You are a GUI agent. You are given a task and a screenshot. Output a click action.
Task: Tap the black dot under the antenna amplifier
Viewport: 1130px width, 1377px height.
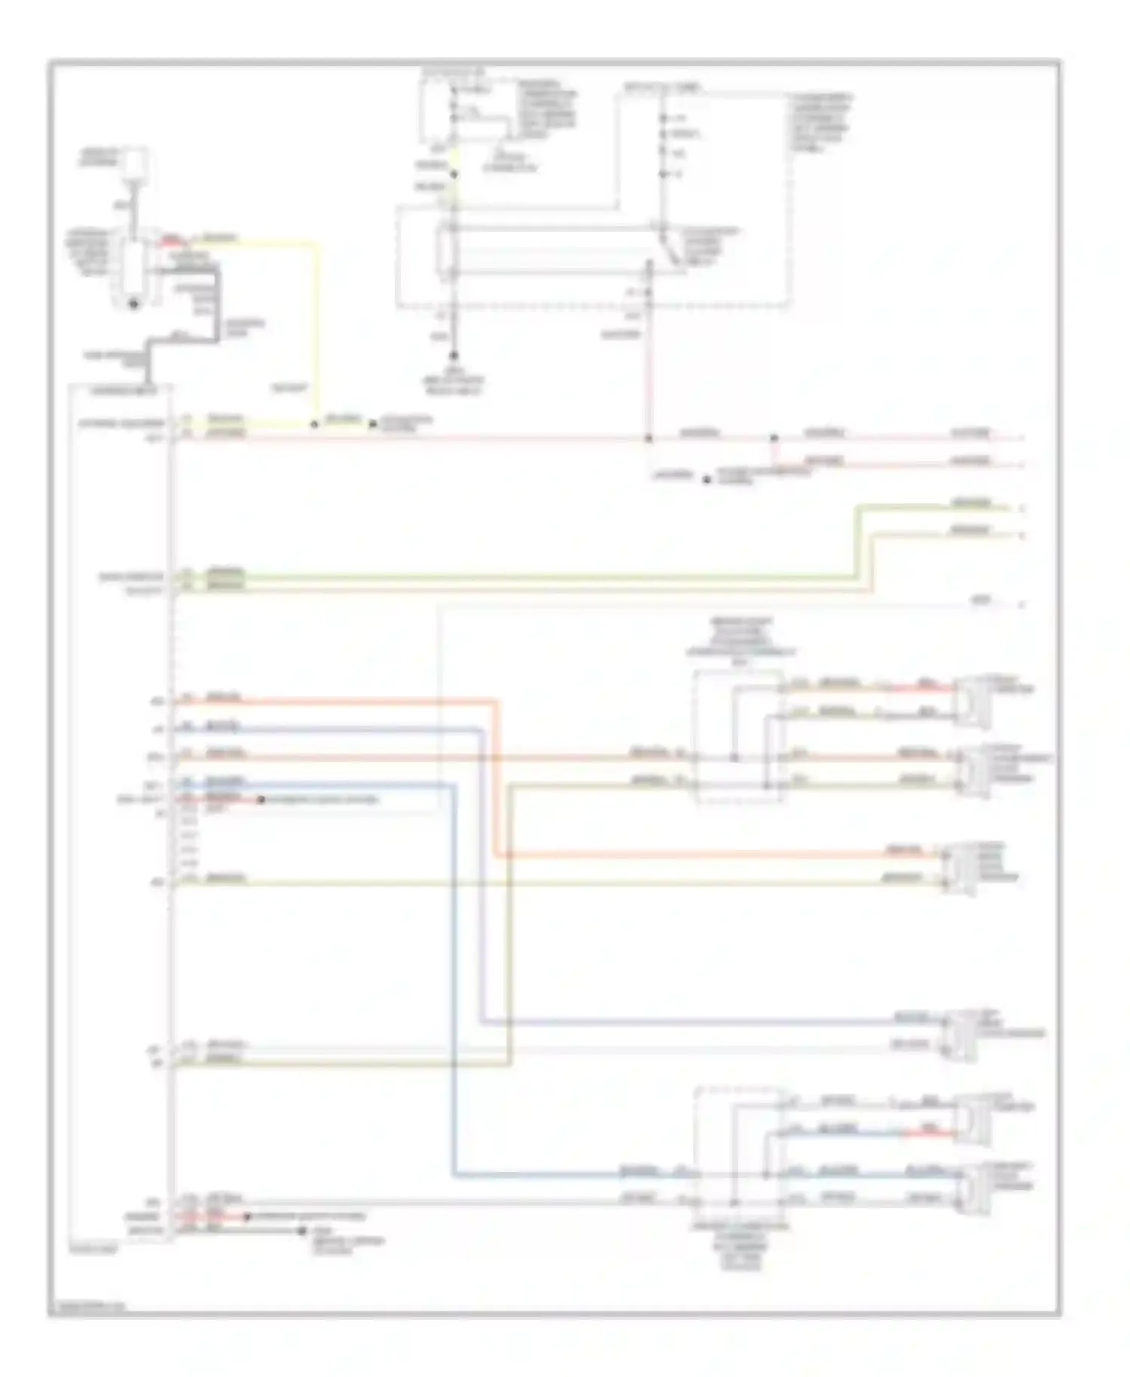click(x=134, y=304)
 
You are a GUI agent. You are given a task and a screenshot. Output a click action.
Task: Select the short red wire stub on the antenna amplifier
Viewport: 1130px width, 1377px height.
click(x=172, y=243)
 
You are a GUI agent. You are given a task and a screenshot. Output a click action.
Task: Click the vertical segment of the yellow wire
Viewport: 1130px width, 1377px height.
click(x=316, y=331)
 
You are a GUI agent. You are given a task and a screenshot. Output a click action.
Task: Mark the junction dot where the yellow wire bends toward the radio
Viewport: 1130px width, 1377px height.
click(x=315, y=425)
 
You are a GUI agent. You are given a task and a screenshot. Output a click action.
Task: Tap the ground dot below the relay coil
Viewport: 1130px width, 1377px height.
click(x=454, y=355)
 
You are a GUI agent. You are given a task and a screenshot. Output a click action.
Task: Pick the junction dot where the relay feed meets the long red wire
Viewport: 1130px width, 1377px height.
click(x=649, y=438)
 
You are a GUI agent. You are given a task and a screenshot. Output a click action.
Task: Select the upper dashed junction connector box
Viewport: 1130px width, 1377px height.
click(x=738, y=737)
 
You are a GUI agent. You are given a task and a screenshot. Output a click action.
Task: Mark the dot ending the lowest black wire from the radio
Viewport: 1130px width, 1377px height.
click(x=301, y=1231)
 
